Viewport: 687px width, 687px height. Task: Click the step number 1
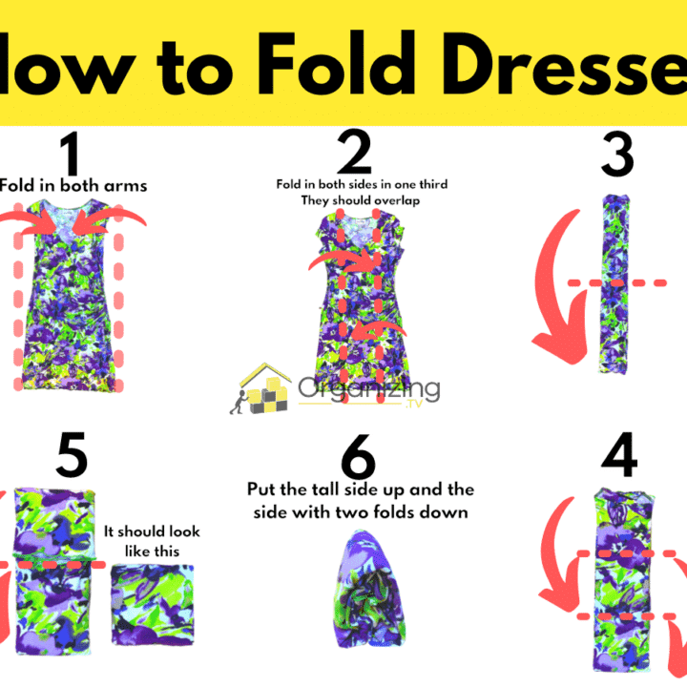tap(69, 154)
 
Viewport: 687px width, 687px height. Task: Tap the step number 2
tap(355, 154)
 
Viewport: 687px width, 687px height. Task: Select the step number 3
tap(617, 154)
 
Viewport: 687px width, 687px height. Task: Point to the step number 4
tap(617, 461)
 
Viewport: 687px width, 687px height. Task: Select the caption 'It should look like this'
tap(152, 541)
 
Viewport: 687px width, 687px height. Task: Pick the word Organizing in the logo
tap(368, 388)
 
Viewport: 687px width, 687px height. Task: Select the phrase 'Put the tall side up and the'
tap(360, 489)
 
